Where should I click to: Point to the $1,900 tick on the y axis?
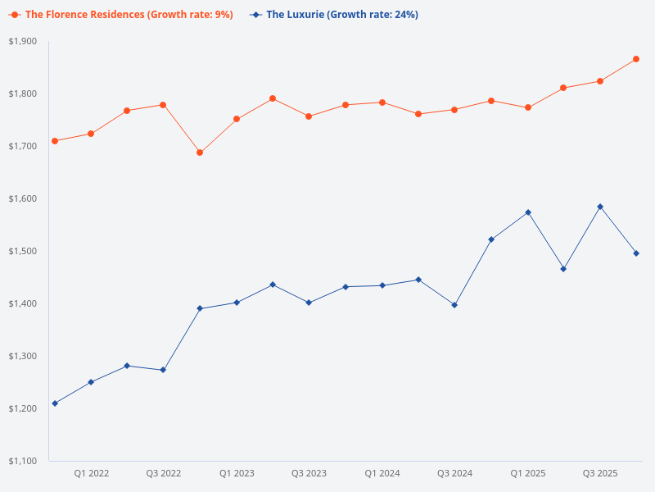[x=24, y=41]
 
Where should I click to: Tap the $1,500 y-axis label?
[x=24, y=251]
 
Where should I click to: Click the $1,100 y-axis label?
[x=24, y=461]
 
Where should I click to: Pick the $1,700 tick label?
[x=24, y=146]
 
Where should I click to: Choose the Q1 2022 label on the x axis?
[x=92, y=473]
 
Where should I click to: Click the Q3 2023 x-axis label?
[x=309, y=473]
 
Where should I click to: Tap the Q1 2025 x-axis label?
[x=528, y=473]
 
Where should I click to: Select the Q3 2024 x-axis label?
[x=454, y=473]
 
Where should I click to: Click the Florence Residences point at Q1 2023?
[x=237, y=119]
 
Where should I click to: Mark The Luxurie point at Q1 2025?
[x=528, y=212]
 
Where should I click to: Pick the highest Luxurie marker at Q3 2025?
[x=600, y=207]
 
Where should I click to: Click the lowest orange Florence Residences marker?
[x=200, y=153]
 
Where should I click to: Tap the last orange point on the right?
[x=636, y=59]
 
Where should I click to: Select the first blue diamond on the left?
[x=55, y=403]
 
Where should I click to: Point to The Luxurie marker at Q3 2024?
[x=454, y=305]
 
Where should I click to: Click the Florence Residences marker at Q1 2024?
[x=382, y=102]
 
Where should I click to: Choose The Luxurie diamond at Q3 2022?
[x=163, y=370]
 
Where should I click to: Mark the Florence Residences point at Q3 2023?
[x=309, y=116]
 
